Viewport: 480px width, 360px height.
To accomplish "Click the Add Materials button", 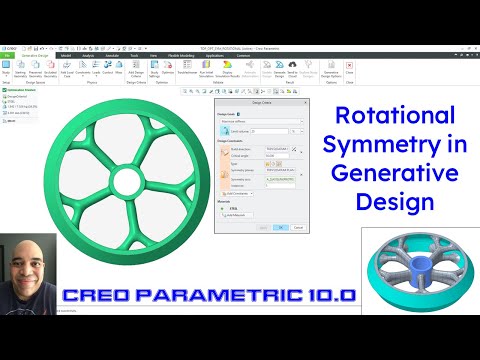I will pos(237,215).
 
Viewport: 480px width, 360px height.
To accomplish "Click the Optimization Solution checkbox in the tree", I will pos(4,89).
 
